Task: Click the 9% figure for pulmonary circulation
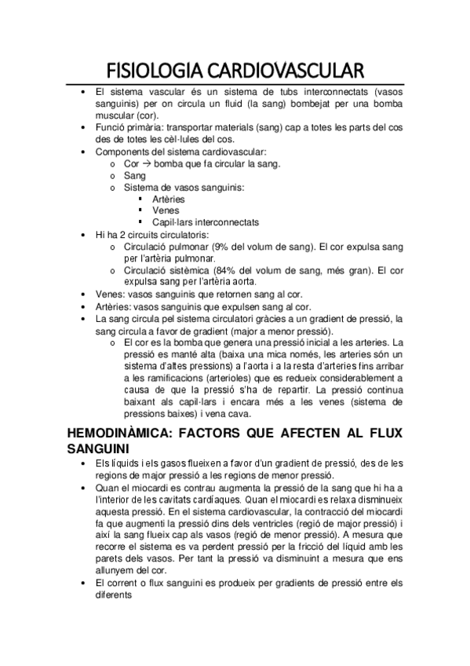223,246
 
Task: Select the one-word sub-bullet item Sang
134,175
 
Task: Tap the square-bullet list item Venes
166,210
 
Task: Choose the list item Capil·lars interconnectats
206,222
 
